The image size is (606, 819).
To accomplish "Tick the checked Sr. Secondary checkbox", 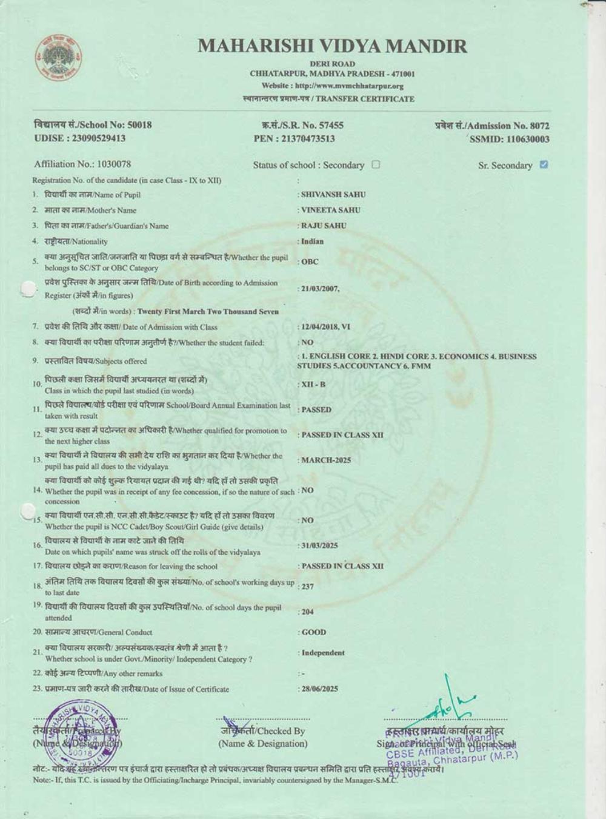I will point(544,164).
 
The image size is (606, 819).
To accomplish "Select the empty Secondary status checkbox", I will point(376,164).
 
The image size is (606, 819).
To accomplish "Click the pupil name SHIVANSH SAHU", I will point(333,195).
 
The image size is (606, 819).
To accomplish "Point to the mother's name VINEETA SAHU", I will point(331,210).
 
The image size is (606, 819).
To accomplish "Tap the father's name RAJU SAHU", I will point(324,226).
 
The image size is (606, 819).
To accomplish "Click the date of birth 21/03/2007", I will point(320,289).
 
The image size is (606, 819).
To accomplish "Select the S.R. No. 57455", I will point(327,125).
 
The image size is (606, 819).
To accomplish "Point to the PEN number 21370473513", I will point(308,139).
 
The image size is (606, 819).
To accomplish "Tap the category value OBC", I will point(310,262).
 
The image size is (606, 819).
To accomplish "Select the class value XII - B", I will point(313,385).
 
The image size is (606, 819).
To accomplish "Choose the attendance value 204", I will point(307,612).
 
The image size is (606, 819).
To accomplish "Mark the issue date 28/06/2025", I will point(319,689).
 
